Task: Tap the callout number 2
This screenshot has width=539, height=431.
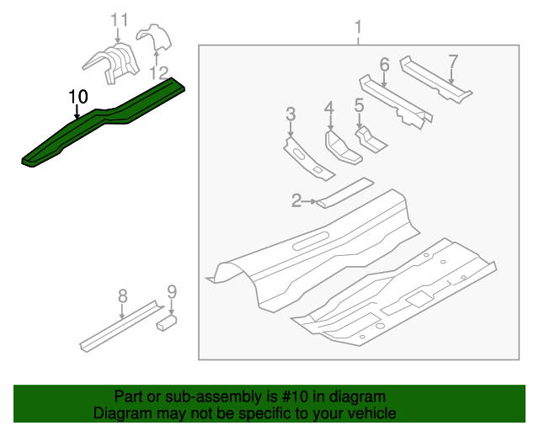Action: tap(296, 200)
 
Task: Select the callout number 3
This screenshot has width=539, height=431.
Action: tap(291, 114)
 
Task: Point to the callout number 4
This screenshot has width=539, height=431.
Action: tap(328, 107)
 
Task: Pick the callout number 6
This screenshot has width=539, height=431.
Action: tap(384, 65)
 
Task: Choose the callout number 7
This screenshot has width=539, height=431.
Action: tap(453, 61)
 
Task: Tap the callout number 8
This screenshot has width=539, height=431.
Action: tap(122, 295)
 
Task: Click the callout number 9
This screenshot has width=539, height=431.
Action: tap(172, 292)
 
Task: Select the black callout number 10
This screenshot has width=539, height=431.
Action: tap(77, 96)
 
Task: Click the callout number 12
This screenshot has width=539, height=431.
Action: tap(159, 73)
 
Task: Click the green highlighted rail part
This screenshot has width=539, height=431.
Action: tap(101, 126)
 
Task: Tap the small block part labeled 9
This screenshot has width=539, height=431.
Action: tap(166, 321)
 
